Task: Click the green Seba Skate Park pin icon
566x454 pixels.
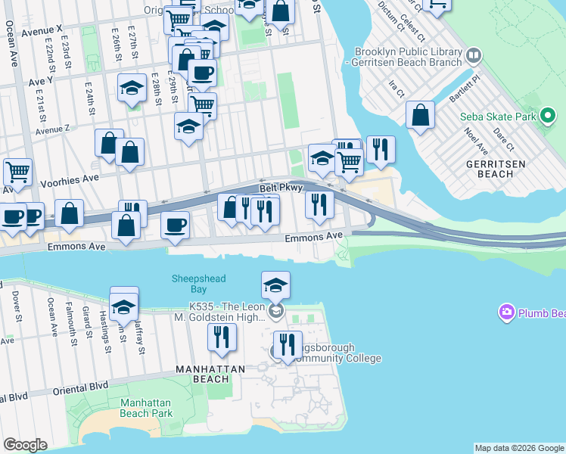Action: pyautogui.click(x=549, y=117)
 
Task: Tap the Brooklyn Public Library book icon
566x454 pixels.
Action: pyautogui.click(x=474, y=55)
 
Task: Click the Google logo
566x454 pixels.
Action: pyautogui.click(x=25, y=445)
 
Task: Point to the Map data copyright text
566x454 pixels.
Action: pyautogui.click(x=518, y=448)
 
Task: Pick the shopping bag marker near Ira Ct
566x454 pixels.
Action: pyautogui.click(x=420, y=116)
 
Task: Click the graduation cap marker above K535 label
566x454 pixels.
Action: pyautogui.click(x=275, y=286)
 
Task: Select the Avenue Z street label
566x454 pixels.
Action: pyautogui.click(x=52, y=129)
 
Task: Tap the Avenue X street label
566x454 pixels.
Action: pyautogui.click(x=42, y=33)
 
